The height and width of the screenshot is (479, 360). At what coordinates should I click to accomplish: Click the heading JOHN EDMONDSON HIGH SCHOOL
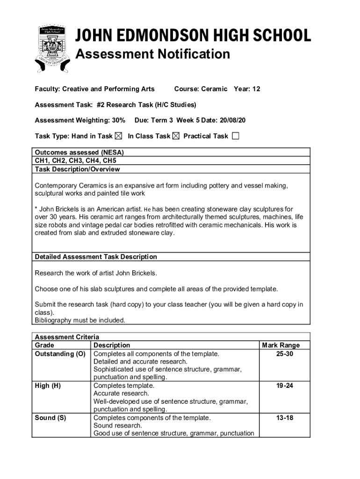pos(193,36)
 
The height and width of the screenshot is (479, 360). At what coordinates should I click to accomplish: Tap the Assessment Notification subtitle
pos(152,54)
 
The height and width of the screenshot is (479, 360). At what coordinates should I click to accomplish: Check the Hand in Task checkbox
pos(118,136)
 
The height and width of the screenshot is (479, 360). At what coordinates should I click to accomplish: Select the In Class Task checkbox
pos(176,136)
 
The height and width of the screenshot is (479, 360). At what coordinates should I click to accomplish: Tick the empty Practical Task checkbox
pos(235,136)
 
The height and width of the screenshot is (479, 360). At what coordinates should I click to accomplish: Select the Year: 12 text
pos(247,89)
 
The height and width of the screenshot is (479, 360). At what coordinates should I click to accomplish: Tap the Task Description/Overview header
pos(77,169)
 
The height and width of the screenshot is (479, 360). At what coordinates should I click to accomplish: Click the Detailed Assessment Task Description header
pos(96,257)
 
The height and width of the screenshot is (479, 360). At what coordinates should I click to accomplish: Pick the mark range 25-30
pos(285,354)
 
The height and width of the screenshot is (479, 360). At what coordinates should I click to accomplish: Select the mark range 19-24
pos(285,386)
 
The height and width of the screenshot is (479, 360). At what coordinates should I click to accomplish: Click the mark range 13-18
pos(285,418)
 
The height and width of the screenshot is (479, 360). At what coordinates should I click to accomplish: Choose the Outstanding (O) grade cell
pos(60,354)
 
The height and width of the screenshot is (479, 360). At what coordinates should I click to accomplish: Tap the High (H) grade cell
pos(48,386)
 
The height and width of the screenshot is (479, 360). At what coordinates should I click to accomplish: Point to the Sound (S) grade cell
pos(50,418)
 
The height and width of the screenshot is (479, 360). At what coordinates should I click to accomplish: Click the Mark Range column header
pos(281,346)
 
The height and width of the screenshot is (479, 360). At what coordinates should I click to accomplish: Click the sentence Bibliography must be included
pos(80,320)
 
